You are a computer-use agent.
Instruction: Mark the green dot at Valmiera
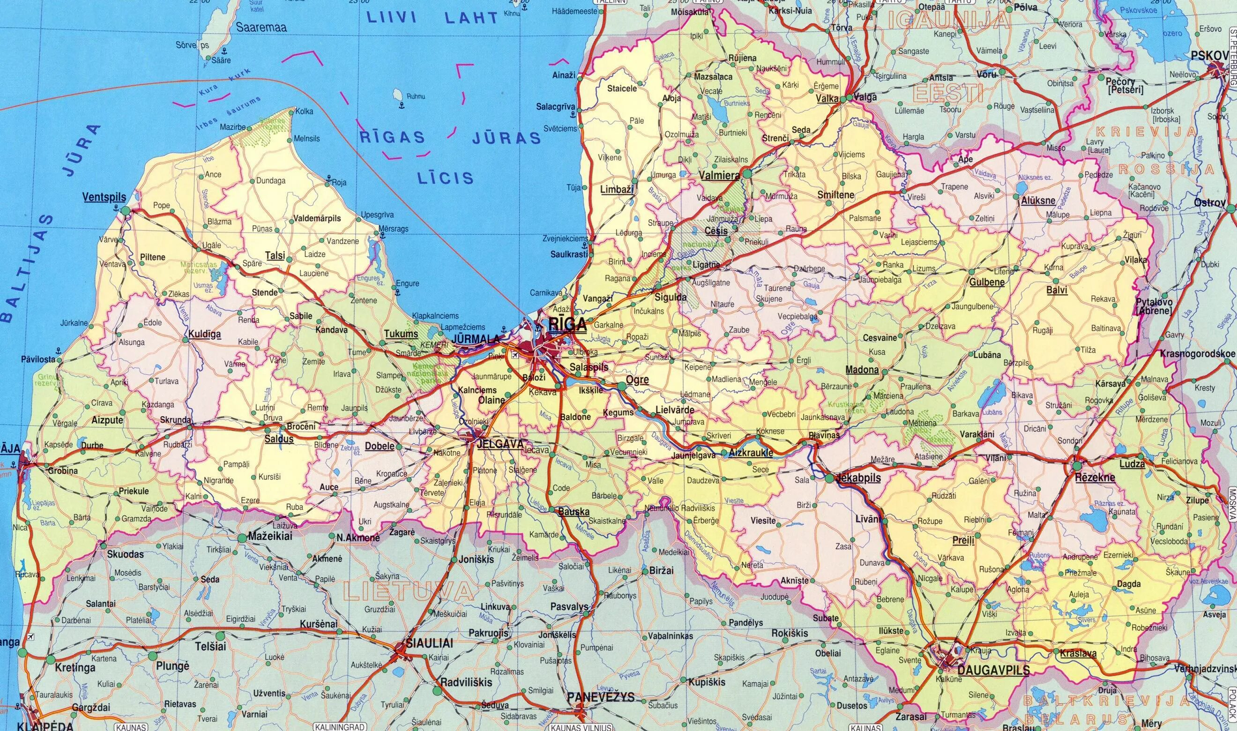pos(747,174)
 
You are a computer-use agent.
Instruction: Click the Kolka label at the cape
pos(304,112)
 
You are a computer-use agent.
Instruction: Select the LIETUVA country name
pos(409,590)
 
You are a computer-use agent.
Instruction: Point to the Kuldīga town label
pos(204,335)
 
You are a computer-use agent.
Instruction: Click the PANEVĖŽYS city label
pos(601,698)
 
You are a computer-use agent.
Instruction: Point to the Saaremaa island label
pos(261,28)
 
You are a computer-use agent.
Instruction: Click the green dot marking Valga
pos(843,99)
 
